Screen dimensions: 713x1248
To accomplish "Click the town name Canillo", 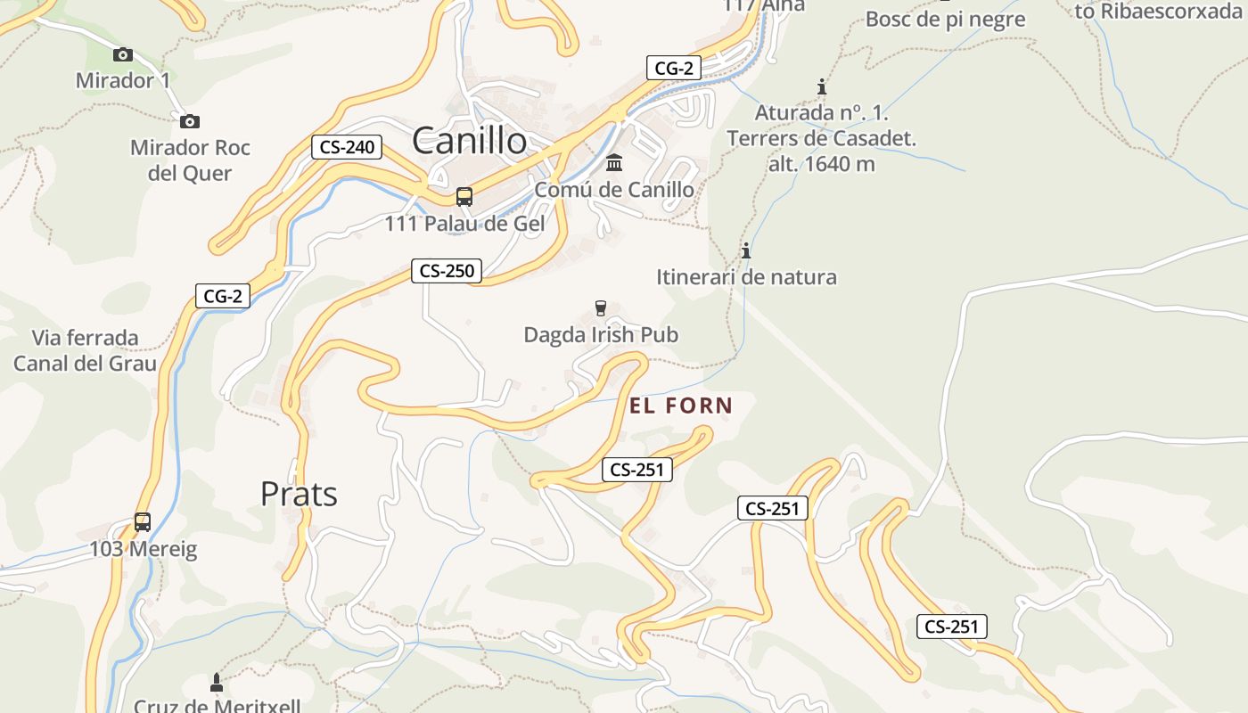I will (469, 141).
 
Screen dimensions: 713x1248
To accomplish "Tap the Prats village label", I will (299, 494).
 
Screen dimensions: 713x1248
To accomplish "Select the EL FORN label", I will (681, 406).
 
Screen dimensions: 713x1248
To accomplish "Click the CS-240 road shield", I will (347, 147).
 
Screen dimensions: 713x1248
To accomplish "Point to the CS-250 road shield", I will (447, 271).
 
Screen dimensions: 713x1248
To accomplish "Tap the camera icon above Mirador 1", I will (123, 55).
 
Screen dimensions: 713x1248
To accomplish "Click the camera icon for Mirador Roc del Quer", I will (189, 122).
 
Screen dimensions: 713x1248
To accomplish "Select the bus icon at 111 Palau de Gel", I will (464, 197).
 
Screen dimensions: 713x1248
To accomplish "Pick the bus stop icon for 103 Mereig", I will (143, 522).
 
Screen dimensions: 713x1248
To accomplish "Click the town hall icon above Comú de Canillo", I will (614, 163).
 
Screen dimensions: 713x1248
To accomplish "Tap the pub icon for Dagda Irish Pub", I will (601, 308).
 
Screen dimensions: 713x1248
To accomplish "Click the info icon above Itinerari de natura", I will (746, 250).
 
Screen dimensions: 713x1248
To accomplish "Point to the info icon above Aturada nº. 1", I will (822, 87).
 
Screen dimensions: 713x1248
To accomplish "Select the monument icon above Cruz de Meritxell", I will (216, 684).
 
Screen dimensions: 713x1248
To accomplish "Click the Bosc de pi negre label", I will (945, 19).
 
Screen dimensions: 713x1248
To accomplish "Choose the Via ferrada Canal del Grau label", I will (86, 350).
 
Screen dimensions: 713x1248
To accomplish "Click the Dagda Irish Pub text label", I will (601, 335).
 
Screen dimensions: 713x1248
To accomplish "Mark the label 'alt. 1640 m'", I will (822, 164).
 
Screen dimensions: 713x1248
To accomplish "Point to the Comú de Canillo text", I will (614, 190).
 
